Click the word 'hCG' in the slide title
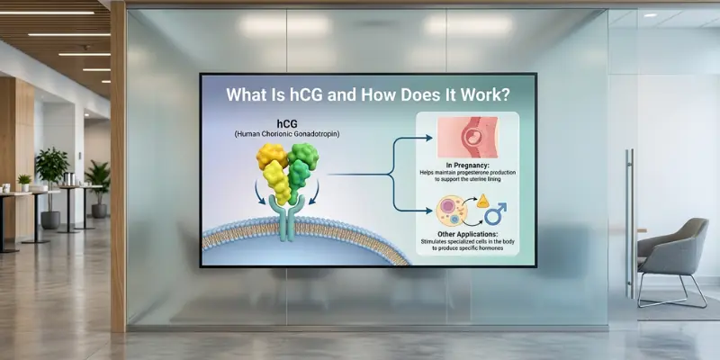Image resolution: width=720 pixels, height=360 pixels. (300, 93)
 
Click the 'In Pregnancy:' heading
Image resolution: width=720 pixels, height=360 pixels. (466, 165)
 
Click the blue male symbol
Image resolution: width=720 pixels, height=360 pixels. (494, 213)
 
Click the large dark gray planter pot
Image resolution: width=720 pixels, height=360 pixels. (51, 220)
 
